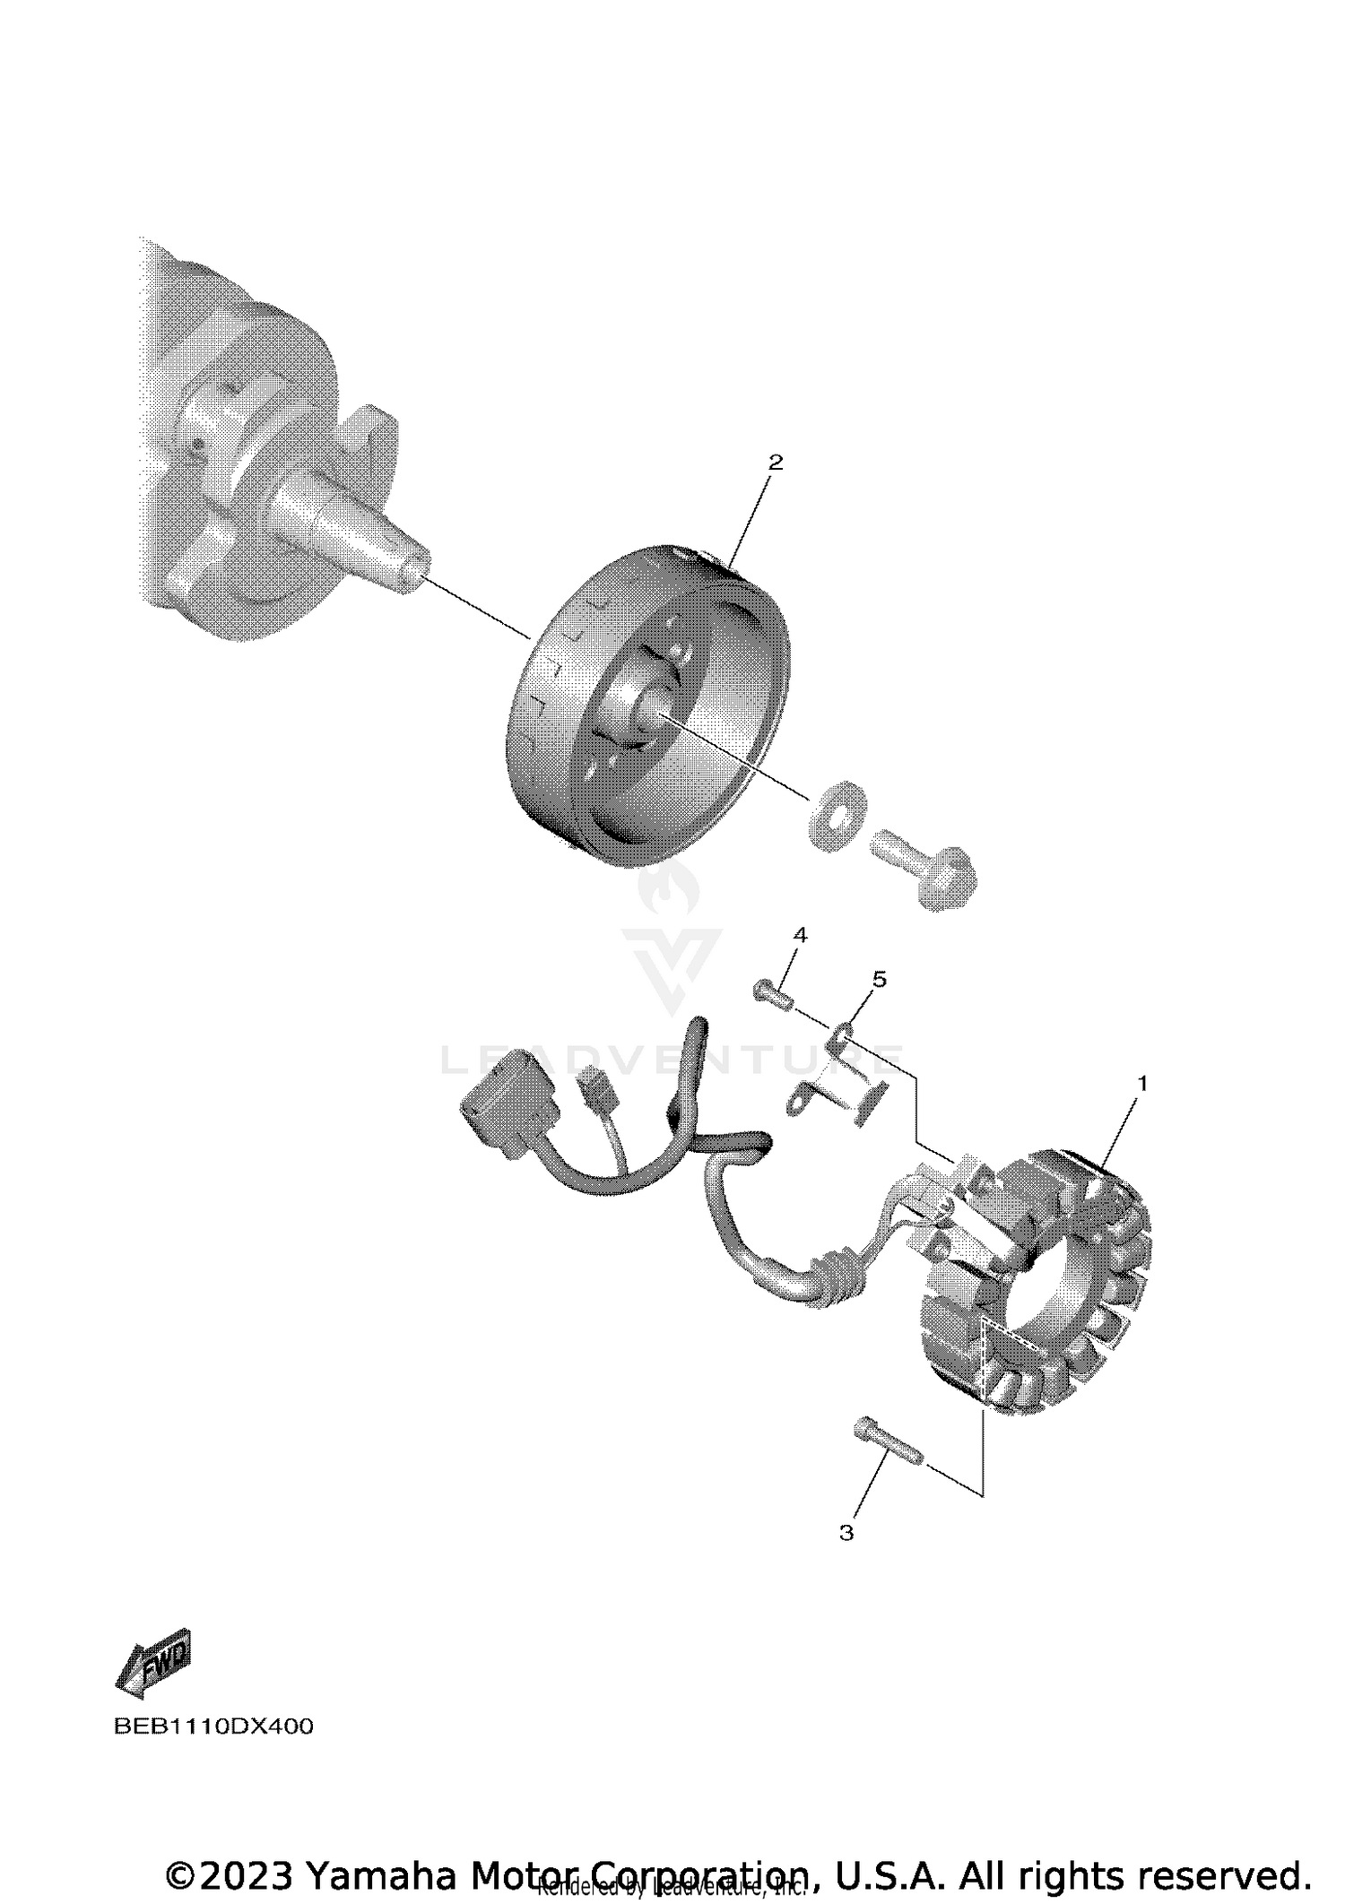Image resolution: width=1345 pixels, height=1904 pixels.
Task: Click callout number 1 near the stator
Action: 1142,1084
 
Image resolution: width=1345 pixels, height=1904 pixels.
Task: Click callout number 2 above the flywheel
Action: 776,463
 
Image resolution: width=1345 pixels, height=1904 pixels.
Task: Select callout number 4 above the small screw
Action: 800,936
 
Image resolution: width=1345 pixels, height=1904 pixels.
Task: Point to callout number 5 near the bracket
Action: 879,979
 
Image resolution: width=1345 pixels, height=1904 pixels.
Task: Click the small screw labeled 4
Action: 773,994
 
